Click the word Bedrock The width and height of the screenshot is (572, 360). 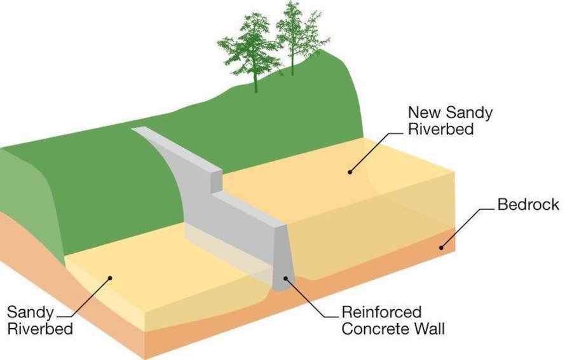click(x=528, y=204)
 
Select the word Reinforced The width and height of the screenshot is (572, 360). click(x=381, y=312)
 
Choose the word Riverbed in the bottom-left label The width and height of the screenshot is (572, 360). click(x=40, y=329)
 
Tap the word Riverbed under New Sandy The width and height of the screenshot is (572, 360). click(x=440, y=129)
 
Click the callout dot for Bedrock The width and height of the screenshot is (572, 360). click(x=440, y=247)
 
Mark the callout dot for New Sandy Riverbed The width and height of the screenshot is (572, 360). click(x=350, y=172)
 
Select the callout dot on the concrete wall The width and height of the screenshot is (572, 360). click(x=285, y=278)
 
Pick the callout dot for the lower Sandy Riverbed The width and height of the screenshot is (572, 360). click(x=109, y=278)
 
